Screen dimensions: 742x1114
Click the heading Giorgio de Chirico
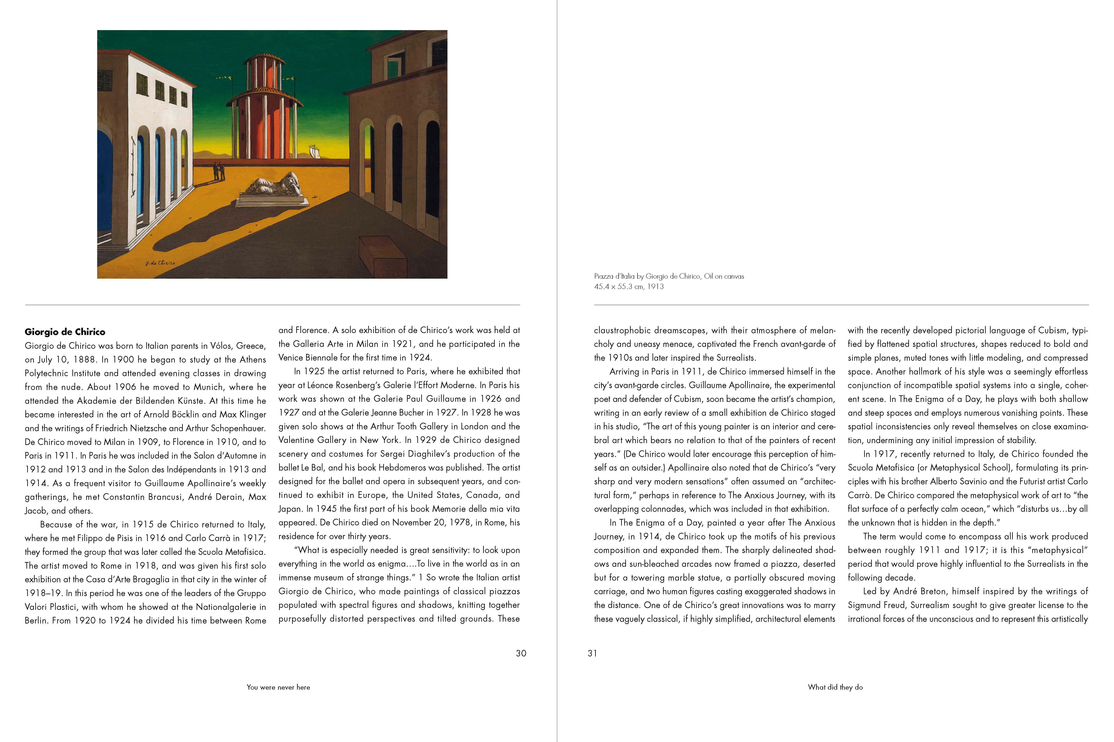[x=65, y=332]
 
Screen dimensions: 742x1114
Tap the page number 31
[x=592, y=653]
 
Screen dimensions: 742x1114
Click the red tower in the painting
[x=264, y=114]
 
